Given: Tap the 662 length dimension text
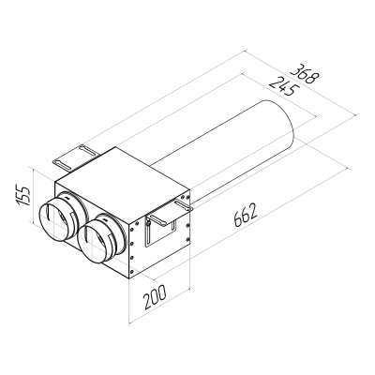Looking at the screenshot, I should (x=241, y=223).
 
